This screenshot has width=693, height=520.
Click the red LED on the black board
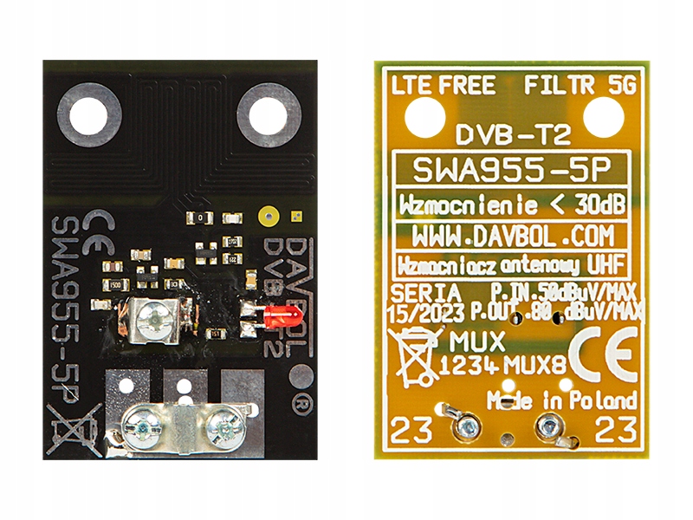[275, 317]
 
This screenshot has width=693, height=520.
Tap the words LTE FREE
[444, 85]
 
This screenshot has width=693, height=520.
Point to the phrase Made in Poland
[562, 401]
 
